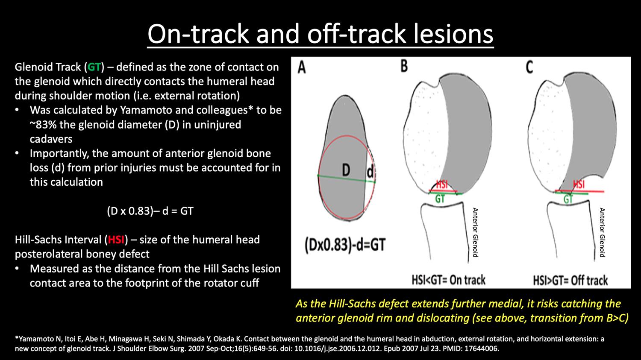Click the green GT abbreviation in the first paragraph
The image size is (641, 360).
(94, 67)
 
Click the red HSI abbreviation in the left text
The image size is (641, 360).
(116, 240)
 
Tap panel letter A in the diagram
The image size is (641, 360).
(302, 68)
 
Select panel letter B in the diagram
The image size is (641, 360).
(404, 66)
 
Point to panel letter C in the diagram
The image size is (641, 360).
(529, 67)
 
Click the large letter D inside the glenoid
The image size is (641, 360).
(346, 170)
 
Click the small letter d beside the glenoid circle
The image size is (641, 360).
(370, 172)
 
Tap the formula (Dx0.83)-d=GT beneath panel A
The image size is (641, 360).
(345, 245)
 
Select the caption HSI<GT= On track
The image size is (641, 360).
(448, 280)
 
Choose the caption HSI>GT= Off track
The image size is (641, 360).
(570, 281)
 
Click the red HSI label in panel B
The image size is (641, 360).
(442, 184)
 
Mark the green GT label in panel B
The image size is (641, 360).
(440, 199)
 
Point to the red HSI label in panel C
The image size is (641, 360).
(579, 184)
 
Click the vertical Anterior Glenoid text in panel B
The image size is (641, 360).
(475, 232)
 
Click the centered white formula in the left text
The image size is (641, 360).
(150, 211)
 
